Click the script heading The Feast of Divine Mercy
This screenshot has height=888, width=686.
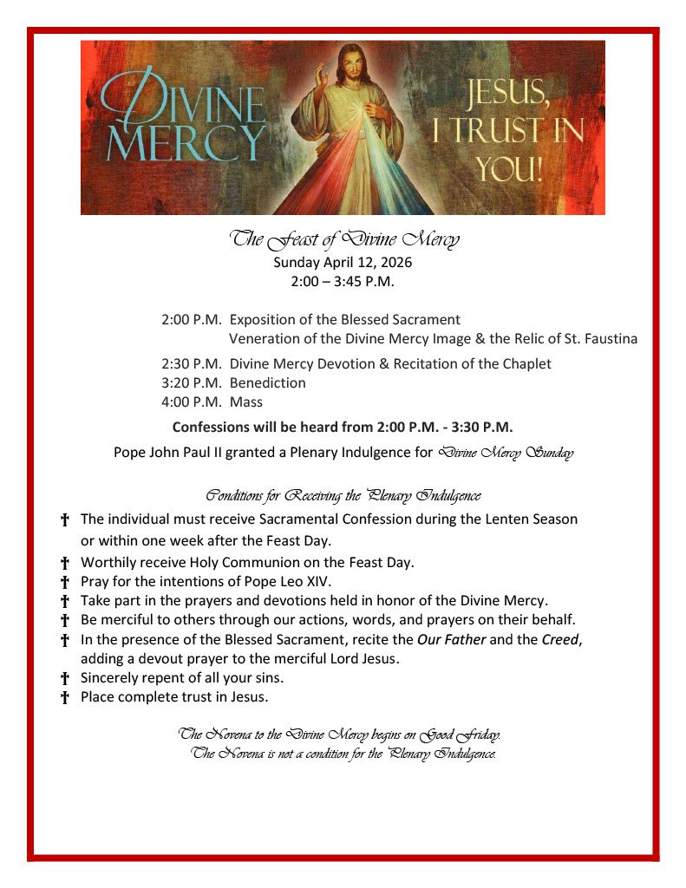(x=343, y=239)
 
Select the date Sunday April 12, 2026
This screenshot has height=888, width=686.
(x=343, y=262)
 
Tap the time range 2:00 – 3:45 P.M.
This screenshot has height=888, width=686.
(x=343, y=281)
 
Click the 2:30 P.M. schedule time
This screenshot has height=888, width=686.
(x=192, y=364)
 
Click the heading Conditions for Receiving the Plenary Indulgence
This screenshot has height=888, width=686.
(x=343, y=496)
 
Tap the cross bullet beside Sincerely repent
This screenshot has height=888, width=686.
(x=64, y=679)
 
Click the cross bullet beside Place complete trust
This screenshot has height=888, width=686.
(x=64, y=698)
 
